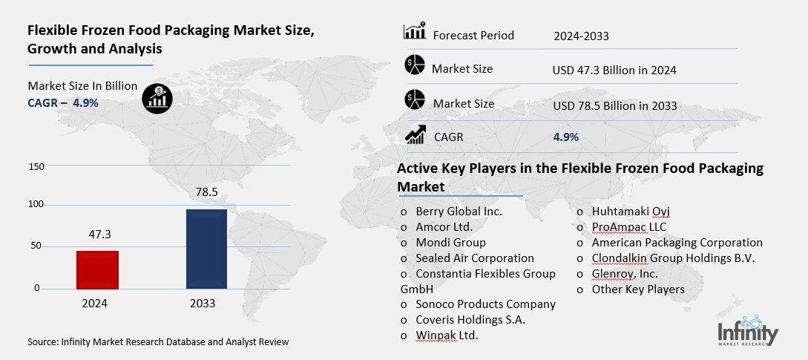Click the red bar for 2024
[x=97, y=269]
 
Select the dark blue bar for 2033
[x=206, y=249]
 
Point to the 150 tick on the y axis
[x=36, y=166]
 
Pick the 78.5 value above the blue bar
[x=206, y=192]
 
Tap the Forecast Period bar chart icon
[x=413, y=32]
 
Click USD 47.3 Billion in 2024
[x=614, y=71]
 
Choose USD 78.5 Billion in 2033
[x=615, y=105]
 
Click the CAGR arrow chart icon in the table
[x=414, y=134]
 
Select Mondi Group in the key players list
[x=450, y=243]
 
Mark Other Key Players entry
[x=638, y=289]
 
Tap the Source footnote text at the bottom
[x=158, y=342]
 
